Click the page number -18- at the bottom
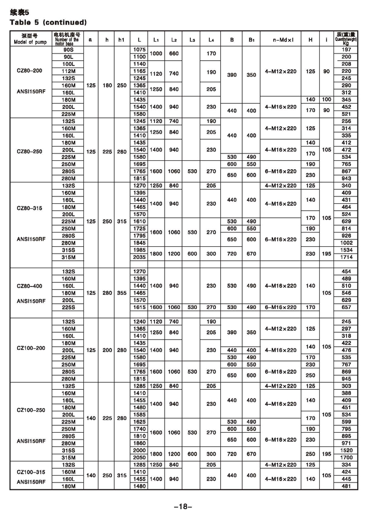(x=183, y=506)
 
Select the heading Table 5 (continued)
(x=48, y=23)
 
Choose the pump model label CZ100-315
(x=30, y=472)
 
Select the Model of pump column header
(x=30, y=40)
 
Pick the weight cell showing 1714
(x=346, y=257)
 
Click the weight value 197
(x=346, y=49)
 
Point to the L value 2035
(x=139, y=257)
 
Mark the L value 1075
(x=139, y=49)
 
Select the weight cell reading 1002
(x=346, y=243)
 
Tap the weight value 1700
(x=346, y=457)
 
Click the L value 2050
(x=139, y=457)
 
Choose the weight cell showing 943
(x=346, y=178)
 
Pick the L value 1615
(x=139, y=307)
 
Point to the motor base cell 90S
(x=68, y=49)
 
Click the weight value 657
(x=346, y=307)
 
